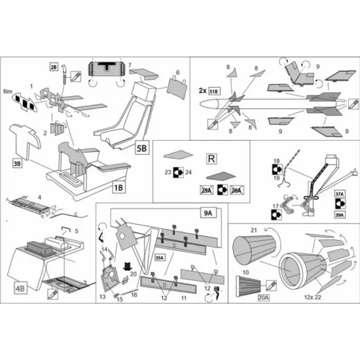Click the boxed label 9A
pos(209,212)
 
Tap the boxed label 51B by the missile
pos(214,90)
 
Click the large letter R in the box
pos(211,160)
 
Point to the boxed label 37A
pos(338,194)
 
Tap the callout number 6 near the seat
pos(177,72)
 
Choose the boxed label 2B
pos(54,67)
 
